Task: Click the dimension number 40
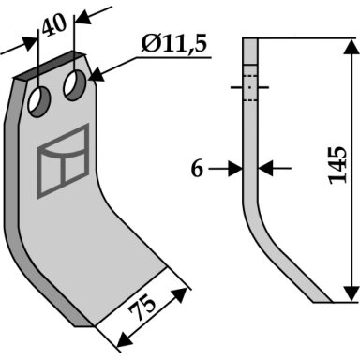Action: (x=54, y=25)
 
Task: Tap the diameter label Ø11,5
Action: (x=173, y=44)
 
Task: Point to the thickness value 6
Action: (x=197, y=169)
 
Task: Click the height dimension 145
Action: (x=338, y=165)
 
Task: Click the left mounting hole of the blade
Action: (x=39, y=102)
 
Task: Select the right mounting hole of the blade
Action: (x=75, y=85)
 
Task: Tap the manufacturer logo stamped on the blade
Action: (x=63, y=161)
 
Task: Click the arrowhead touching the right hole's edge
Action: (x=97, y=76)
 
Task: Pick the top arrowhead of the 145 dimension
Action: (x=352, y=47)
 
